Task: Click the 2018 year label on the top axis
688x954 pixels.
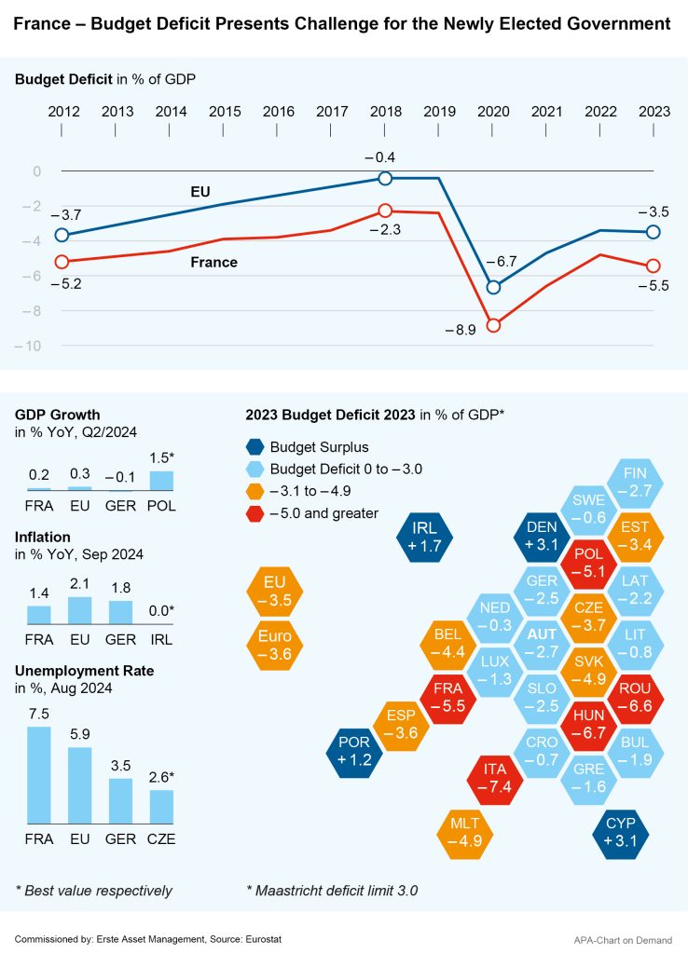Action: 385,111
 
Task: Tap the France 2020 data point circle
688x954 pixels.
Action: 493,325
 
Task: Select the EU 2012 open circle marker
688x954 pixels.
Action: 62,235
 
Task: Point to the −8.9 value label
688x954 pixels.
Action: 461,330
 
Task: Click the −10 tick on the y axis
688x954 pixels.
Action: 34,347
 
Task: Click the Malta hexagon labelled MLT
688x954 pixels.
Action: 463,832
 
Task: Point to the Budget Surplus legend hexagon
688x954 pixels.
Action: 255,447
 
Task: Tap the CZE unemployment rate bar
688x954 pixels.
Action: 161,804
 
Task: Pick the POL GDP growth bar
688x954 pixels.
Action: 161,481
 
